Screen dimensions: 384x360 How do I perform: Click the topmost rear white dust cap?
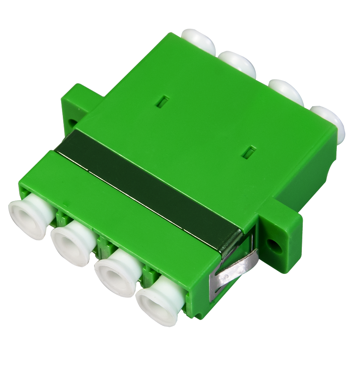pyautogui.click(x=199, y=41)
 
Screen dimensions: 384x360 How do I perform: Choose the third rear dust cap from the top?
pyautogui.click(x=287, y=91)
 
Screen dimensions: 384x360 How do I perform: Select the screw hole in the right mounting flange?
pyautogui.click(x=273, y=244)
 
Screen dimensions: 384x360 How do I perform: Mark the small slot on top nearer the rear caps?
pyautogui.click(x=163, y=101)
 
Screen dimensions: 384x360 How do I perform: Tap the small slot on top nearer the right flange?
pyautogui.click(x=249, y=151)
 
